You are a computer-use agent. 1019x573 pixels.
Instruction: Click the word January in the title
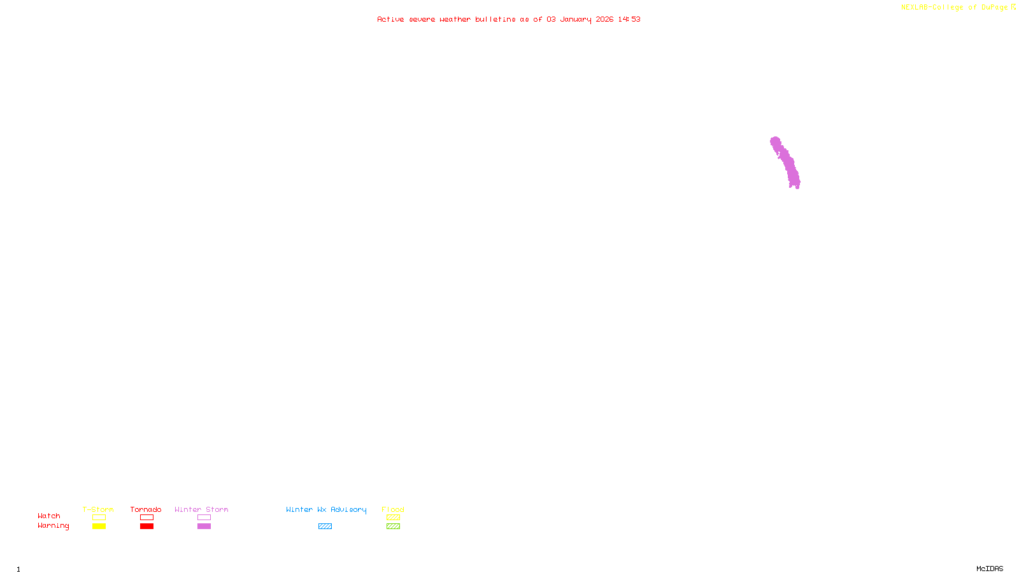coord(576,19)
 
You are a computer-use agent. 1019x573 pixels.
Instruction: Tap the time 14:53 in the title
coord(629,19)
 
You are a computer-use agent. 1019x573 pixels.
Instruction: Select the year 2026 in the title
coord(604,19)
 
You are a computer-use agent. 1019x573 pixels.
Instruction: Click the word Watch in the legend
coord(49,516)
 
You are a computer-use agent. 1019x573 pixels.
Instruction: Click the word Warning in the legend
coord(53,526)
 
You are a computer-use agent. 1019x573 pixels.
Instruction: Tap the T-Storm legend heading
coord(98,509)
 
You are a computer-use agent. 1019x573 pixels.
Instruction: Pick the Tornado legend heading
coord(146,509)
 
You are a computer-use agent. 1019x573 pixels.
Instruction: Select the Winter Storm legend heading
coord(201,509)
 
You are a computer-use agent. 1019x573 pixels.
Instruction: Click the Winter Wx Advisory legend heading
coord(326,509)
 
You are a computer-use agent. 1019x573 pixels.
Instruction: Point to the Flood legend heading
coord(393,509)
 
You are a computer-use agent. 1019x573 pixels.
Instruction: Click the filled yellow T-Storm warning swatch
coord(99,527)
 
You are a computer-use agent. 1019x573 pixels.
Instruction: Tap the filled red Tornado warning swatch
coord(147,527)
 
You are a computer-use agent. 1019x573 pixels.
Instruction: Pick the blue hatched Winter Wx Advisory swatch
coord(325,527)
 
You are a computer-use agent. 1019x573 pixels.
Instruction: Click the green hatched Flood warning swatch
coord(393,527)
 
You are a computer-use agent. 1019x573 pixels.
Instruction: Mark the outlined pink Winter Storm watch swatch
coord(204,518)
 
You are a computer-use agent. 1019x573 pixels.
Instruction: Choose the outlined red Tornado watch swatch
coord(147,518)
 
